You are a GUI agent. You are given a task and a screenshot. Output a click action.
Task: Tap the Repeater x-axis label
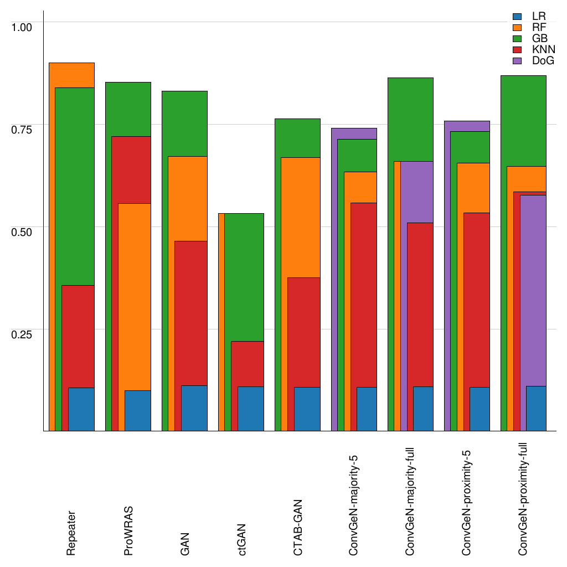pyautogui.click(x=71, y=533)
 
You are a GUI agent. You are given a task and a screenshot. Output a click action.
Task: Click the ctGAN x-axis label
pyautogui.click(x=241, y=539)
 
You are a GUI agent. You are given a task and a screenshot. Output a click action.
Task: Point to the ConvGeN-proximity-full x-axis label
pyautogui.click(x=523, y=499)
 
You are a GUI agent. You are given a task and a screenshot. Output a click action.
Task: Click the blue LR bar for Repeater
pyautogui.click(x=81, y=409)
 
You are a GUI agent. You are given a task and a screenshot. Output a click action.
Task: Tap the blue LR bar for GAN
pyautogui.click(x=194, y=408)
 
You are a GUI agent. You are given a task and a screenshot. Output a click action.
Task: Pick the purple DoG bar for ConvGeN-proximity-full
pyautogui.click(x=533, y=288)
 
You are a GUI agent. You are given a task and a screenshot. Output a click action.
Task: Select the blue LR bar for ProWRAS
pyautogui.click(x=137, y=410)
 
